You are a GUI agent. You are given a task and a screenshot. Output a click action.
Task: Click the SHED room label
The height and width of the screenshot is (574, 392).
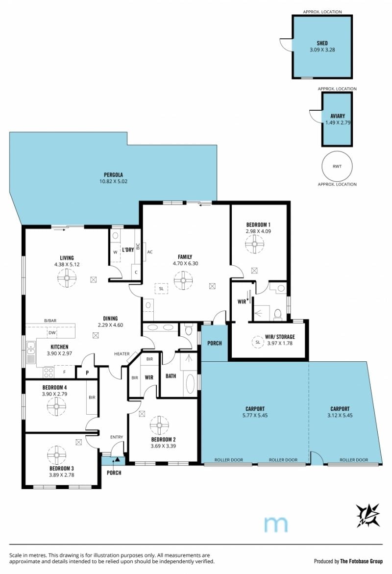tap(322, 43)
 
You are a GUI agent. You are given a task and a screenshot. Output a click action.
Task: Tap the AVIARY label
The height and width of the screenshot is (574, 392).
tap(338, 116)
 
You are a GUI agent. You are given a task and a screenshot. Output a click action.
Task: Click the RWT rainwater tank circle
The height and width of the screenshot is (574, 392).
tap(337, 166)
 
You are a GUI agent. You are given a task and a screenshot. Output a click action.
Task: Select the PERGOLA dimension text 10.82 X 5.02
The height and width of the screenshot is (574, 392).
tap(114, 181)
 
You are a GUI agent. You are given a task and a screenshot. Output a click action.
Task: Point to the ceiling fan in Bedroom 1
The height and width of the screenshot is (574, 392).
tap(254, 244)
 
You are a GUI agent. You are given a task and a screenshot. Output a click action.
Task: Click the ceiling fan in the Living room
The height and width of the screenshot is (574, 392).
tap(67, 278)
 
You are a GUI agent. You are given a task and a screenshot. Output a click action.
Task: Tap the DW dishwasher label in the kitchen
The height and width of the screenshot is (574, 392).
tap(52, 333)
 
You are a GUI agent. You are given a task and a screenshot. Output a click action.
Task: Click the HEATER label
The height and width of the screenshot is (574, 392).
tap(122, 353)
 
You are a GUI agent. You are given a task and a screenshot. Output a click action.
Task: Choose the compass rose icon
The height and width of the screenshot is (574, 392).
tap(368, 515)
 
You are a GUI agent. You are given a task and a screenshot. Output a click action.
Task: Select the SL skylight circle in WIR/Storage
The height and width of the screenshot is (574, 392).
tap(258, 342)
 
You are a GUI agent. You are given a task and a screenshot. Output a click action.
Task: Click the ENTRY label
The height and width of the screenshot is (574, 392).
tap(117, 437)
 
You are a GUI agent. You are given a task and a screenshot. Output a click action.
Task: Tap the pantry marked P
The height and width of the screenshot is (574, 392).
tap(87, 373)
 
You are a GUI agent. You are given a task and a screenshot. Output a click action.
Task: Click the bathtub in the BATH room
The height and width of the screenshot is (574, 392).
tap(190, 383)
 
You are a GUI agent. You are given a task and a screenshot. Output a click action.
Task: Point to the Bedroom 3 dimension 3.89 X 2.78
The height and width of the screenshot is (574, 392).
tap(61, 475)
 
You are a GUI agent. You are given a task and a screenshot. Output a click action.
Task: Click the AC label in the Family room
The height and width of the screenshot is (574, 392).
tap(150, 252)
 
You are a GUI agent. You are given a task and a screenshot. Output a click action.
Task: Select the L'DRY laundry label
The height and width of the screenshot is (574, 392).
tap(128, 250)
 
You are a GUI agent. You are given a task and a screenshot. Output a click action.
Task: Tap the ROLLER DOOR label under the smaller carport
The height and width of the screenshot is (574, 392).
tap(354, 460)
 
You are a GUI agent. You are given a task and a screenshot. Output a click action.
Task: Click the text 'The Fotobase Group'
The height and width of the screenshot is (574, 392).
tap(361, 561)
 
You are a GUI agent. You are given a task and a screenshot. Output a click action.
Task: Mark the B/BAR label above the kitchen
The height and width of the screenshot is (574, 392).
tap(50, 321)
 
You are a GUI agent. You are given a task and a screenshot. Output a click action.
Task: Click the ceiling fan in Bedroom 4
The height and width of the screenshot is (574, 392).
tap(56, 406)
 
